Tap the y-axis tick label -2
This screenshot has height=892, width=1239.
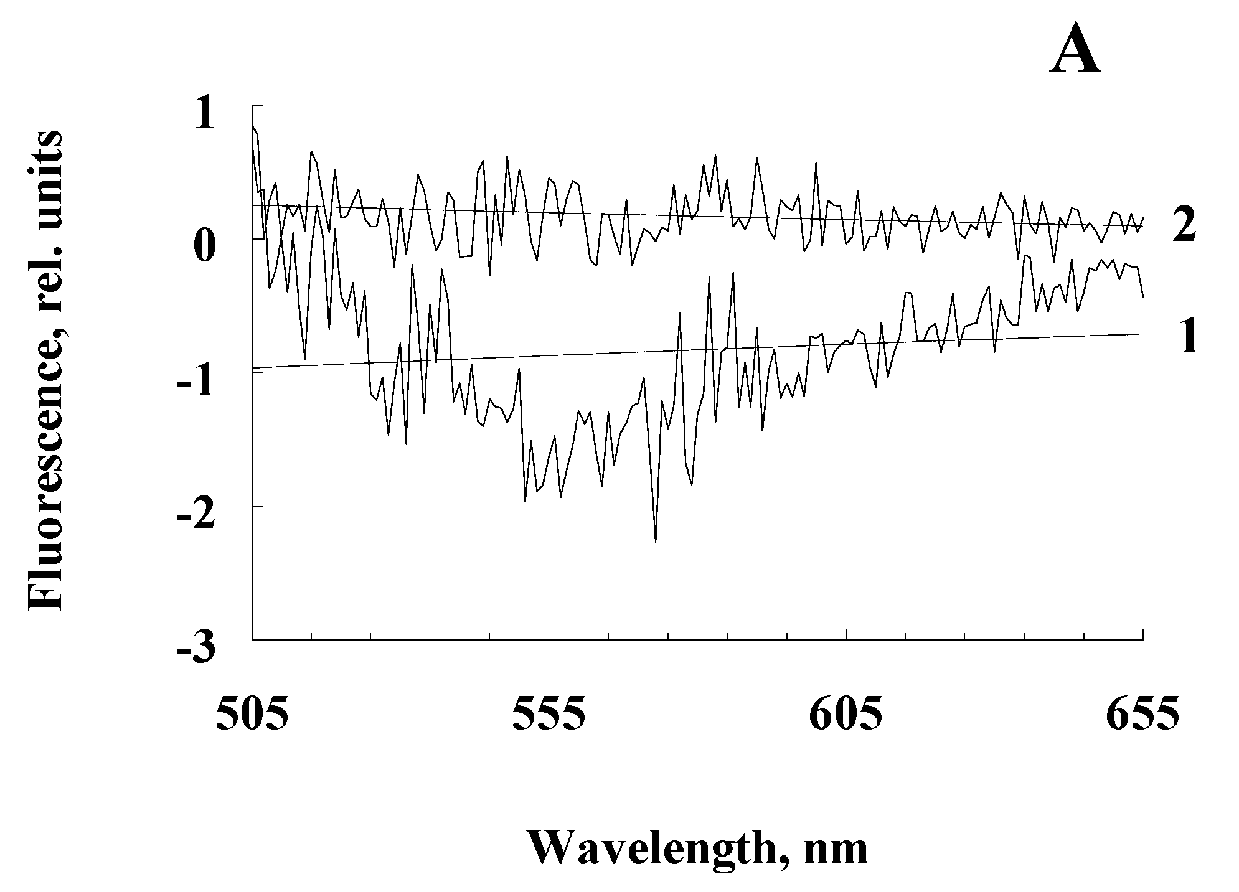[x=196, y=514]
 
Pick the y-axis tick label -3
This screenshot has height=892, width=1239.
[x=196, y=649]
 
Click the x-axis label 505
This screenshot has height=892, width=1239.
[x=252, y=715]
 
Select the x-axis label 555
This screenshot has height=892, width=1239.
[x=549, y=715]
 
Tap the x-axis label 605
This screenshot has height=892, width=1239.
[x=846, y=715]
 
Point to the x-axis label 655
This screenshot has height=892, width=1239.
[x=1142, y=715]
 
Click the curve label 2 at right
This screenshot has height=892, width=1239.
[x=1184, y=225]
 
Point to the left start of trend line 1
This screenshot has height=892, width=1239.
[x=253, y=368]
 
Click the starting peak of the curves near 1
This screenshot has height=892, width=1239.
[x=253, y=126]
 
